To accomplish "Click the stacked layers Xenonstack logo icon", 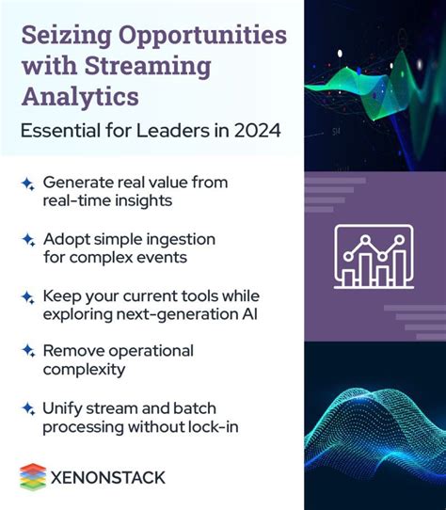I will coord(33,476).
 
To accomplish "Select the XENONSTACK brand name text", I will coord(107,477).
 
